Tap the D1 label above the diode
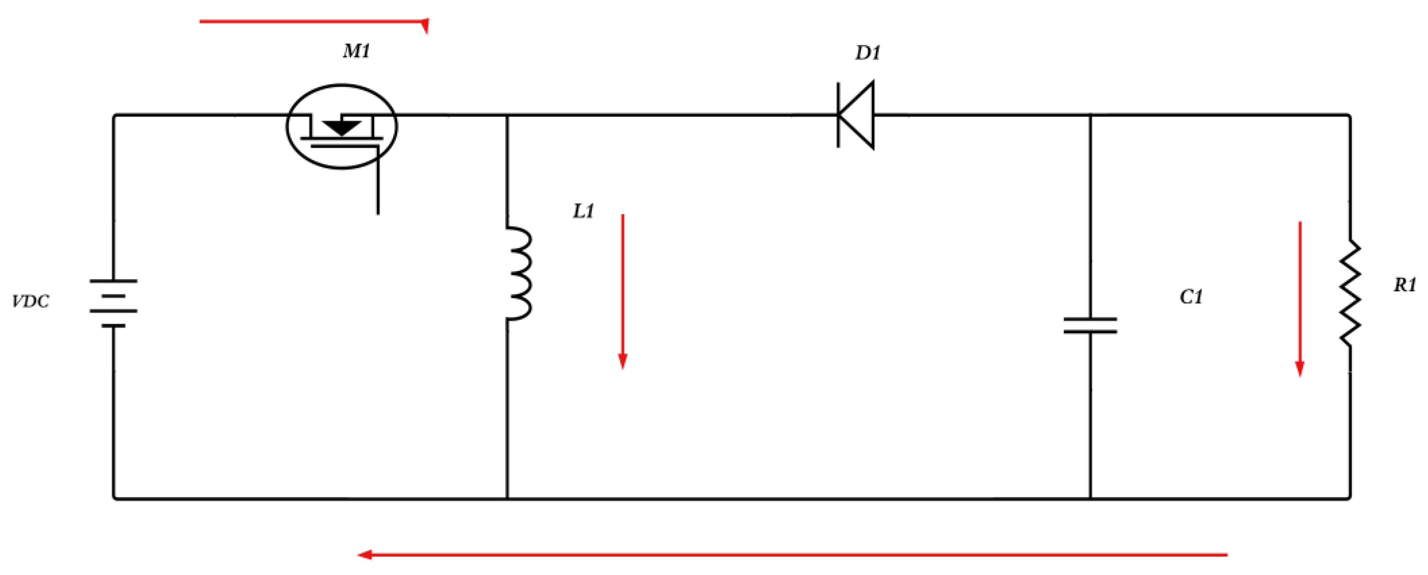867,53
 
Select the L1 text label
583,211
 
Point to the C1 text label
1191,297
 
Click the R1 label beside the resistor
1404,285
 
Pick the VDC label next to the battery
31,302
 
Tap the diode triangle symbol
857,115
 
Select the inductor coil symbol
519,273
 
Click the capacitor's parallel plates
1090,326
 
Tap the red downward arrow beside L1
622,291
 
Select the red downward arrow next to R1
1299,299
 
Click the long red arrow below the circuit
793,554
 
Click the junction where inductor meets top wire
507,115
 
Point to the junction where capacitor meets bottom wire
1090,498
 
